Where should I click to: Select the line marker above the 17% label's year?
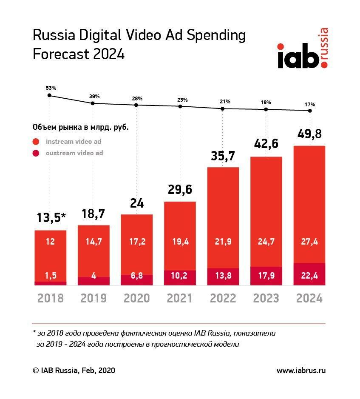pyautogui.click(x=310, y=111)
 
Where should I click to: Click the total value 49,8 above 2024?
pyautogui.click(x=309, y=134)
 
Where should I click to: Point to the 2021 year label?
pyautogui.click(x=180, y=298)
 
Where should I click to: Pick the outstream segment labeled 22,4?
pyautogui.click(x=309, y=275)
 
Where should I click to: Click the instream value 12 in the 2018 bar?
pyautogui.click(x=51, y=242)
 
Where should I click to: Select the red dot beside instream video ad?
pyautogui.click(x=36, y=142)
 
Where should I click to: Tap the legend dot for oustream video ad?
pyautogui.click(x=36, y=154)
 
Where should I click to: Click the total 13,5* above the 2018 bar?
pyautogui.click(x=51, y=218)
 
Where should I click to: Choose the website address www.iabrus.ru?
pyautogui.click(x=301, y=370)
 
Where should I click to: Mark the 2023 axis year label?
pyautogui.click(x=266, y=298)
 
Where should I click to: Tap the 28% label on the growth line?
pyautogui.click(x=137, y=98)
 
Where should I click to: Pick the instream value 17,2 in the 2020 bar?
pyautogui.click(x=137, y=242)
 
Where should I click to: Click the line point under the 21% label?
pyautogui.click(x=223, y=108)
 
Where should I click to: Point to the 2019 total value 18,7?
pyautogui.click(x=94, y=214)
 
